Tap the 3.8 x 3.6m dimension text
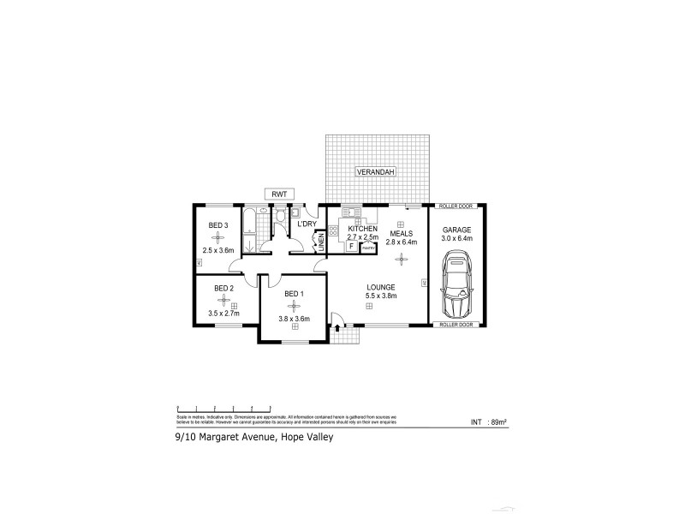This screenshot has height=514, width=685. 293,320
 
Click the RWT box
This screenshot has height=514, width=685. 279,194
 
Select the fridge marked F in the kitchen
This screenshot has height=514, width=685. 351,246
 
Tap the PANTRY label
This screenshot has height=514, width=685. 367,247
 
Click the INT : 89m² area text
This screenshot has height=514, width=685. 489,422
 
